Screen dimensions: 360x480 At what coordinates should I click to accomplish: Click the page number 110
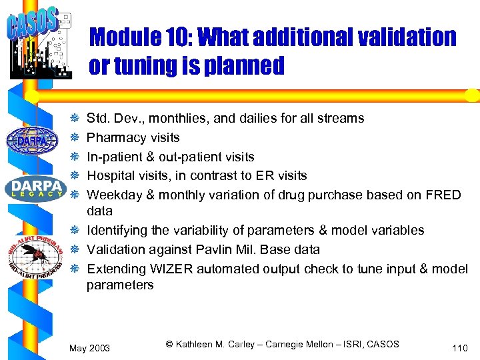pyautogui.click(x=459, y=348)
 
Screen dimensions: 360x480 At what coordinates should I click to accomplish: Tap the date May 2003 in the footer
pyautogui.click(x=89, y=348)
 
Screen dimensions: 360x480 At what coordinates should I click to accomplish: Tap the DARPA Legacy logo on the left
pyautogui.click(x=33, y=187)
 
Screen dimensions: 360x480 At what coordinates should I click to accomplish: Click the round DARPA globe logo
pyautogui.click(x=33, y=140)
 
